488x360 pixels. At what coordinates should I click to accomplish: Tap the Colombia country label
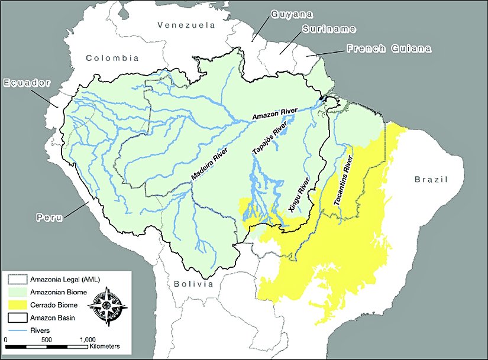point(112,58)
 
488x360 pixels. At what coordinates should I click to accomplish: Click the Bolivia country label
point(193,284)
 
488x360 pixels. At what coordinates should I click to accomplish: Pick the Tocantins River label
point(345,182)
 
